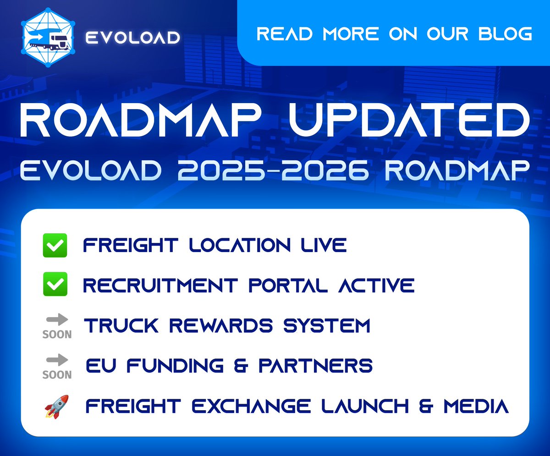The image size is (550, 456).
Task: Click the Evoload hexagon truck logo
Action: click(x=48, y=38)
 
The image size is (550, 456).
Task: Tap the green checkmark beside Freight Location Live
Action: click(x=55, y=245)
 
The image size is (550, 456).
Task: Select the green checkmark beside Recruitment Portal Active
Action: click(x=55, y=285)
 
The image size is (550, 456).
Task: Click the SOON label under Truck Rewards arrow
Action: click(x=57, y=334)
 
